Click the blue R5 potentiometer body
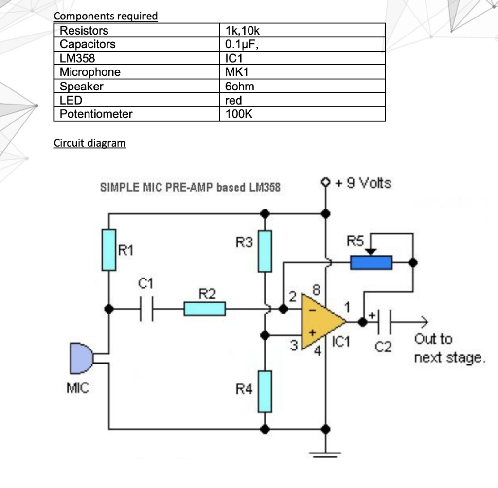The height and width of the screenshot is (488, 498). [371, 262]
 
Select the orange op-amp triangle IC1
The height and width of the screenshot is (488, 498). [321, 321]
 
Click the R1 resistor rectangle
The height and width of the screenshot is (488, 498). [109, 250]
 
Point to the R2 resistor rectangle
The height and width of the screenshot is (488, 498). [204, 309]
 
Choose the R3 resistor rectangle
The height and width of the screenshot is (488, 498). [264, 251]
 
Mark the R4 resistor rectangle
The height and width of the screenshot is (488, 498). [264, 391]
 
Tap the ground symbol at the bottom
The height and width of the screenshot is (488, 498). [325, 455]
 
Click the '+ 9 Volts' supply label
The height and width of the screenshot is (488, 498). [362, 183]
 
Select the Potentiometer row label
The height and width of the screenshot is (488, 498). [96, 114]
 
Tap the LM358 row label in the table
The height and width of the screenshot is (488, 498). [77, 58]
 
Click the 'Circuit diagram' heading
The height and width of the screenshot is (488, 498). [89, 143]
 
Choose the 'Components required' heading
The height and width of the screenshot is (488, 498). [106, 16]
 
